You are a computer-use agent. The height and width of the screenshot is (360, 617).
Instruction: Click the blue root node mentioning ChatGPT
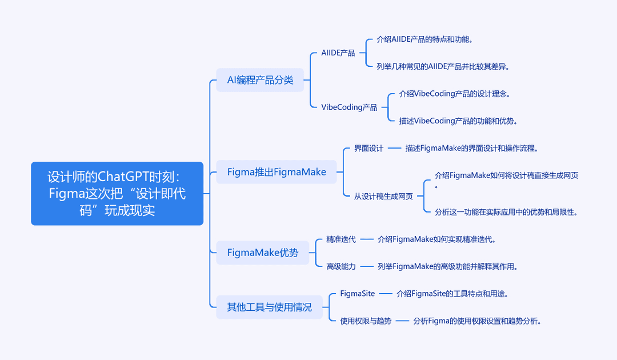117,194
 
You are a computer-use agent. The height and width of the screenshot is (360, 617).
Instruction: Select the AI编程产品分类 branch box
260,80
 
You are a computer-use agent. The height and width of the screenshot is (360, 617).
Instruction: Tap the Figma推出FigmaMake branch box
277,172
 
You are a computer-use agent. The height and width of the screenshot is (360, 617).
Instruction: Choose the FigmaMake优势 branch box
263,253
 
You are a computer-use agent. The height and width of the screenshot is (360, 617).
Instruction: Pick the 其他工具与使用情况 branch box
270,307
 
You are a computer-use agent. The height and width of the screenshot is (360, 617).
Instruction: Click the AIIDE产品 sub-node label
338,53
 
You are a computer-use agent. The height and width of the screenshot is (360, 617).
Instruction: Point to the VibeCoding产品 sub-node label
349,107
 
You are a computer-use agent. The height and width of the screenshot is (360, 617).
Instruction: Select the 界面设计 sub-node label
368,149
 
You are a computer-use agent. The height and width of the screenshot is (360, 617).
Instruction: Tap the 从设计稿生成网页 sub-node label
383,196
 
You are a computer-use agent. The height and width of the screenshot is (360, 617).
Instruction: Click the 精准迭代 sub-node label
340,239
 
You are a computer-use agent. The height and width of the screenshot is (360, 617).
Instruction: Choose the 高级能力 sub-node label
340,266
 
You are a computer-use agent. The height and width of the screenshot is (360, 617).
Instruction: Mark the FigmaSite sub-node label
357,294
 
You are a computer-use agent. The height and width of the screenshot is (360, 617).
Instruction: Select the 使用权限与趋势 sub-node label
366,321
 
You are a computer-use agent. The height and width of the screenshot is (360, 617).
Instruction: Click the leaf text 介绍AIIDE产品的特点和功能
424,39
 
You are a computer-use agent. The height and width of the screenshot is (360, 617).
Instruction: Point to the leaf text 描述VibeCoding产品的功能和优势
458,121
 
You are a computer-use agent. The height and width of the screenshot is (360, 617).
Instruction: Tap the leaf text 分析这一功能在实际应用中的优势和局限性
506,212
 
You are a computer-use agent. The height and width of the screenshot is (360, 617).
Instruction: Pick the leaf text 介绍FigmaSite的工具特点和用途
452,294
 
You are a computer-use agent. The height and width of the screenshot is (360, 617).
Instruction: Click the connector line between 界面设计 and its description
394,149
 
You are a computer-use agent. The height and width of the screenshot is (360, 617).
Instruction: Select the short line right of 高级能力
367,266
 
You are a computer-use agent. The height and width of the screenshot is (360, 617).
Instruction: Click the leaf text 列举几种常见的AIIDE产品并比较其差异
443,66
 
